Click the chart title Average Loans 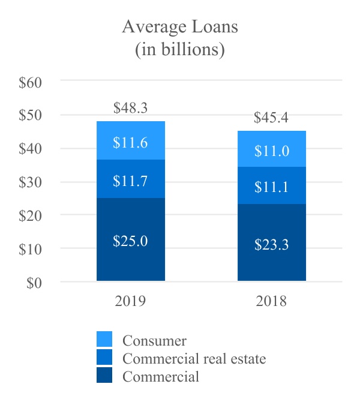[x=179, y=27]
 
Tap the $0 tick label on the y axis [x=34, y=283]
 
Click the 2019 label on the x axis [x=130, y=301]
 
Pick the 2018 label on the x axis [x=271, y=301]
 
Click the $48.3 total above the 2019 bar [x=130, y=108]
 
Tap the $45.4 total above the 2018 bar [x=271, y=118]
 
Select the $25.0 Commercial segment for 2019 [x=130, y=240]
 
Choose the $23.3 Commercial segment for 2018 [x=271, y=243]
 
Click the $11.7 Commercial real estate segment [x=130, y=179]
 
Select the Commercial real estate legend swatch [x=104, y=359]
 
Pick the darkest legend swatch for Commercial [x=104, y=376]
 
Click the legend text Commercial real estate [x=194, y=359]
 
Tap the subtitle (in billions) [x=179, y=50]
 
